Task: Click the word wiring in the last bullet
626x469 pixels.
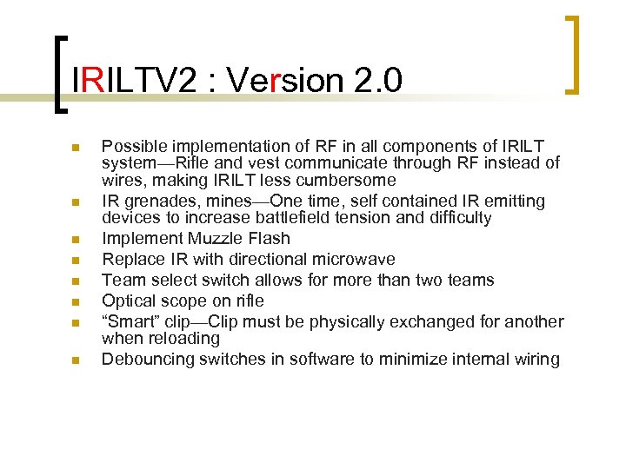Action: (x=536, y=359)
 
